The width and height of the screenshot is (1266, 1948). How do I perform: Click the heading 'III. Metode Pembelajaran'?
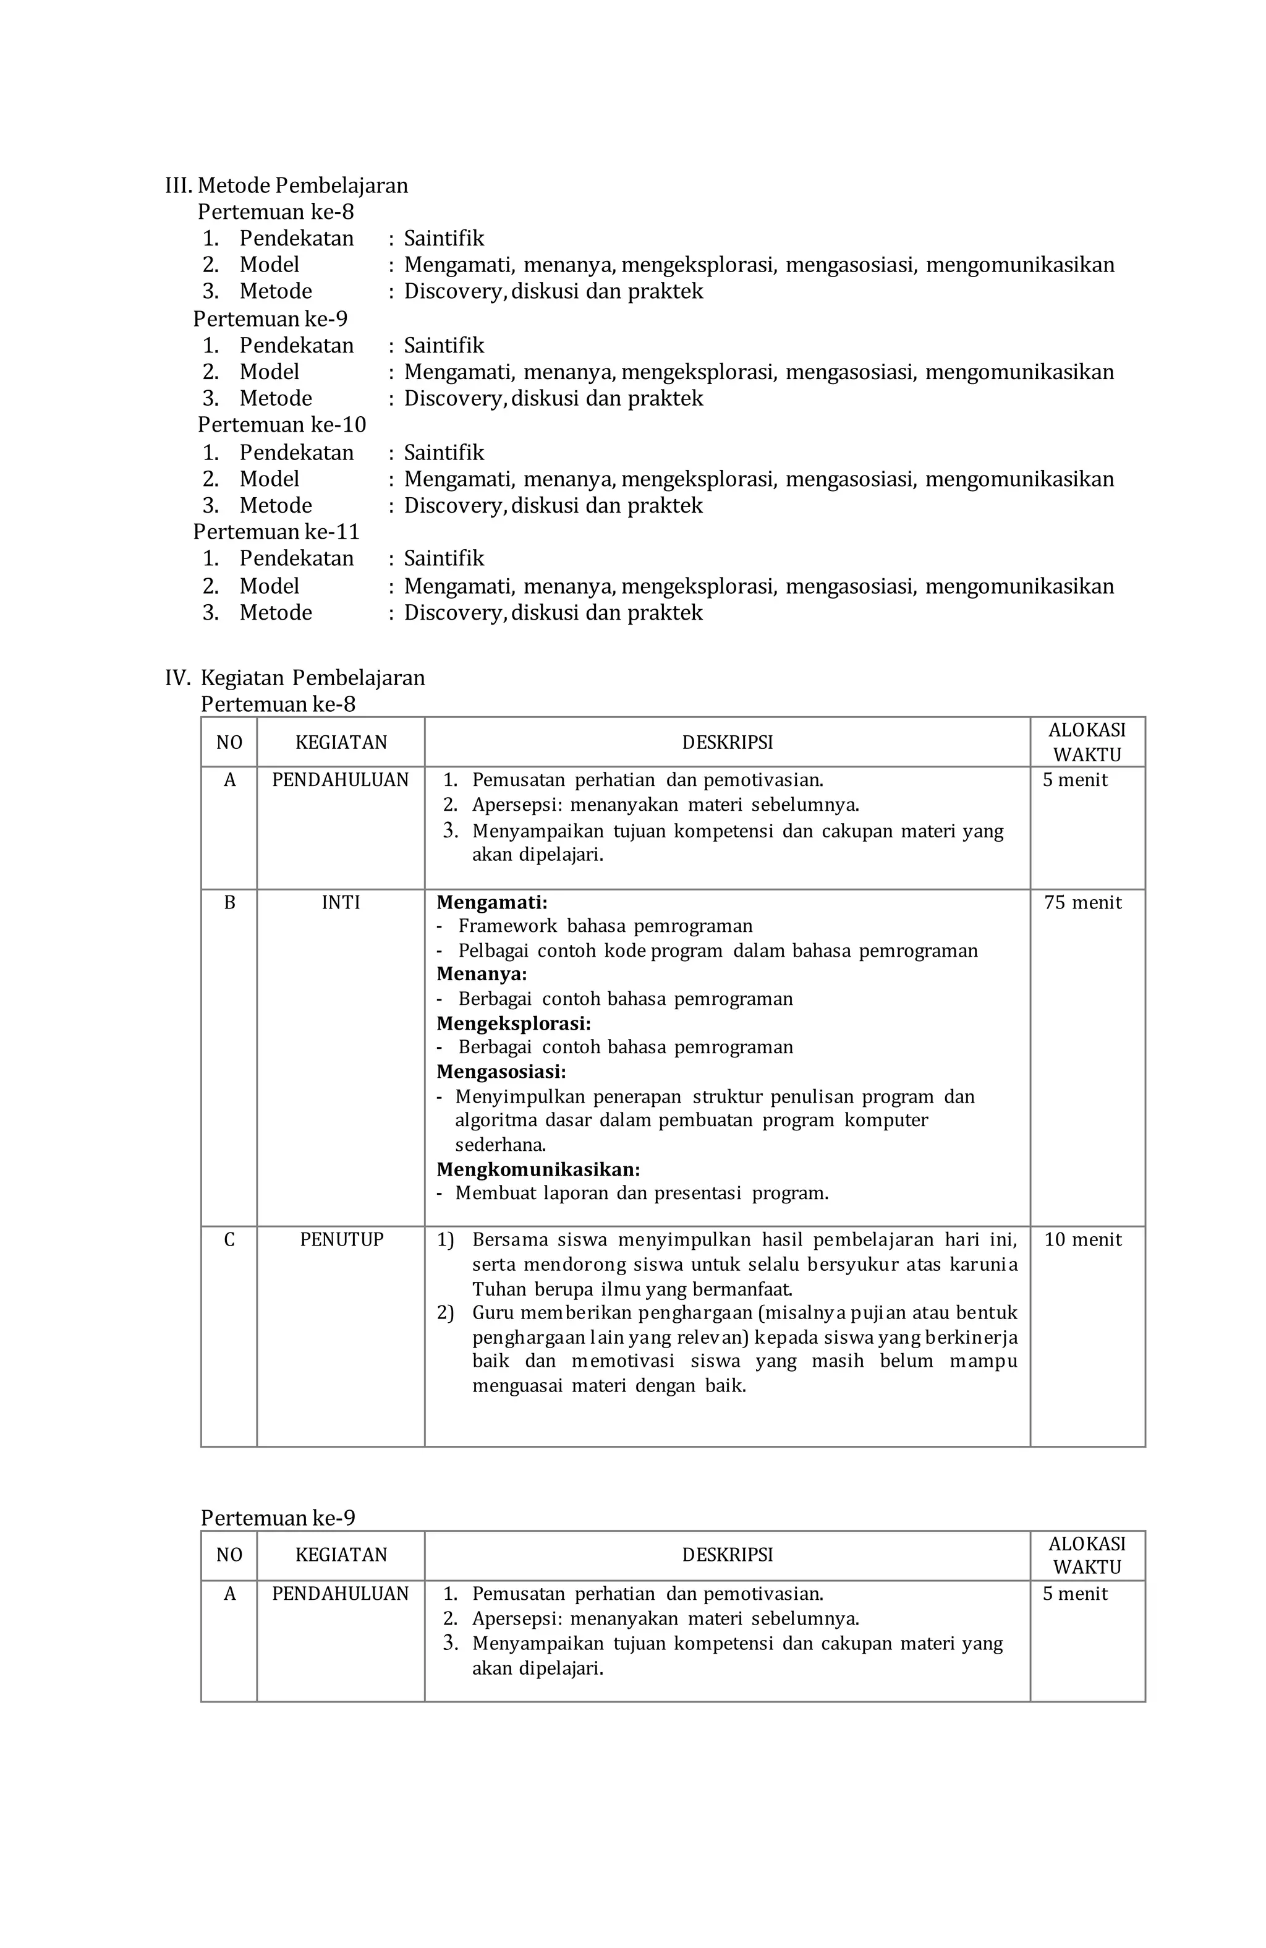click(286, 186)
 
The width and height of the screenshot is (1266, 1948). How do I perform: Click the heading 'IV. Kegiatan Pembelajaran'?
click(295, 678)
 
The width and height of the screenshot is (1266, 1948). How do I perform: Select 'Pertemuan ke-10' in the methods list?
click(281, 425)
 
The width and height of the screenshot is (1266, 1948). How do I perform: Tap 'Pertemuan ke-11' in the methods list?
click(276, 532)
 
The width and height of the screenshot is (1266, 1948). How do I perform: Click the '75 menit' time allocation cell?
click(1082, 903)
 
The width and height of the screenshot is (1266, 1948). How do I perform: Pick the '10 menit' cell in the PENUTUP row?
click(1082, 1240)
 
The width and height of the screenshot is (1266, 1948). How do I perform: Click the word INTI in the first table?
click(341, 903)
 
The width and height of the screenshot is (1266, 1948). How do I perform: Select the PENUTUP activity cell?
click(341, 1240)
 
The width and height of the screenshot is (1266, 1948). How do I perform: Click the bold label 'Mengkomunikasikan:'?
click(538, 1169)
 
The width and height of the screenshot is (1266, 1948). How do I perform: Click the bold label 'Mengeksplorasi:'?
click(513, 1024)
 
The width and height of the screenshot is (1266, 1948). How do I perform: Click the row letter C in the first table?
click(229, 1240)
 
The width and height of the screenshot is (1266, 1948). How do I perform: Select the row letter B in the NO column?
click(229, 903)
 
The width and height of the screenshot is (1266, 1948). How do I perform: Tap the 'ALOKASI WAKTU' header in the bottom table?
click(1086, 1555)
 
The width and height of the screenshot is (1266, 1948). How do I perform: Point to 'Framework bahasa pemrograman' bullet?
click(605, 926)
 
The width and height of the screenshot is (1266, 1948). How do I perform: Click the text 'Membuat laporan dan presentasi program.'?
click(642, 1194)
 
